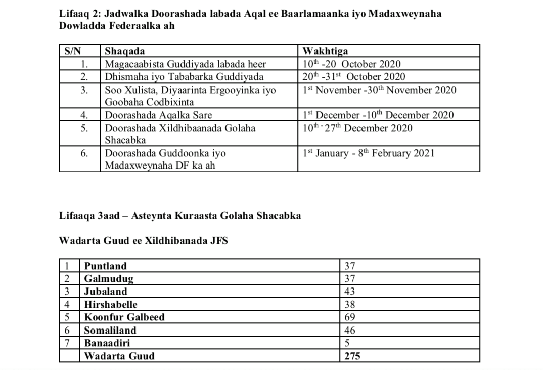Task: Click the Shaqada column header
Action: (x=124, y=51)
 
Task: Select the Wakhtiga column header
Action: (x=325, y=51)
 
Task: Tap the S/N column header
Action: (x=73, y=51)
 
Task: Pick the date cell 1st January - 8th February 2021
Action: (x=369, y=153)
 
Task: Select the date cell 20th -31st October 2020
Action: (x=354, y=77)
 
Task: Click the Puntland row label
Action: (x=106, y=266)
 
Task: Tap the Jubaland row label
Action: (x=106, y=292)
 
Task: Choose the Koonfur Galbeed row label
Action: (x=124, y=317)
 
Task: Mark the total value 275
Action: (x=352, y=356)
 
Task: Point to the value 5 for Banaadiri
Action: (x=347, y=343)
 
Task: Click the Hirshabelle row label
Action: (x=111, y=305)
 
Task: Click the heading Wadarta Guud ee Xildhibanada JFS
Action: (x=144, y=241)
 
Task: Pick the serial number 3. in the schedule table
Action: (x=85, y=90)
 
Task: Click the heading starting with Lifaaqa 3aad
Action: (x=180, y=216)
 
